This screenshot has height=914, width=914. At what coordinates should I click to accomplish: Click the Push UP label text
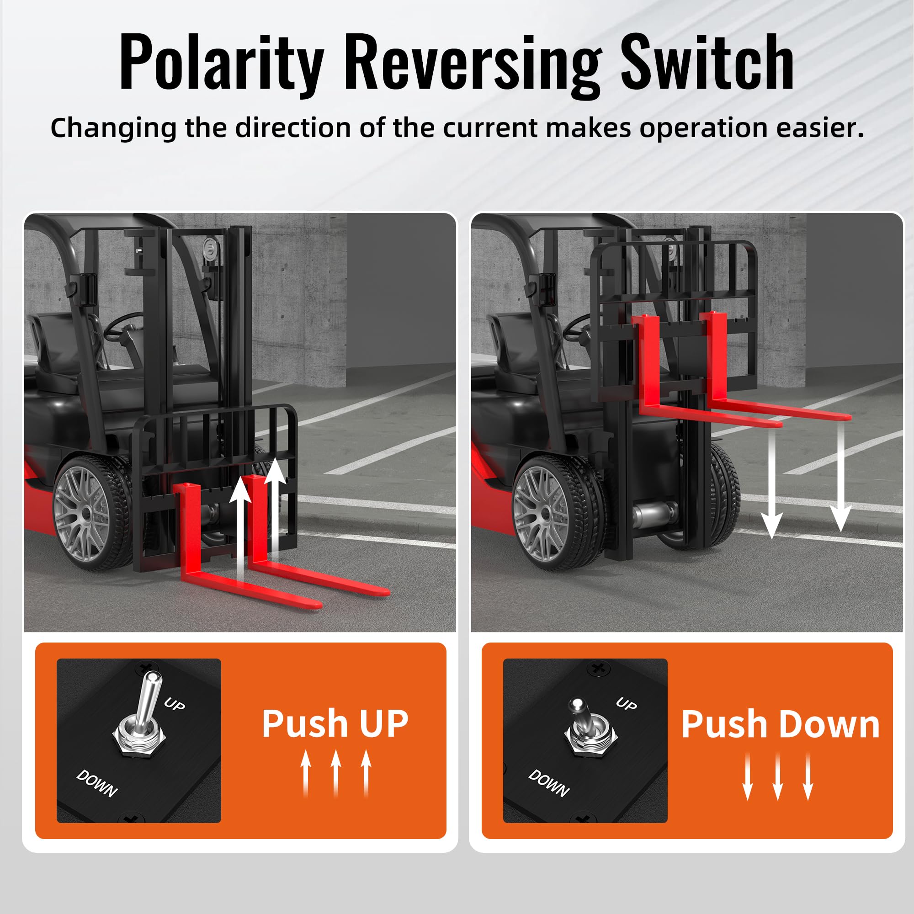point(335,723)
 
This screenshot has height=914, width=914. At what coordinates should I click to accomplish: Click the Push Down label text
point(780,724)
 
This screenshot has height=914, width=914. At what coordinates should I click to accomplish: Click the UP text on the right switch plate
point(627,703)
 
